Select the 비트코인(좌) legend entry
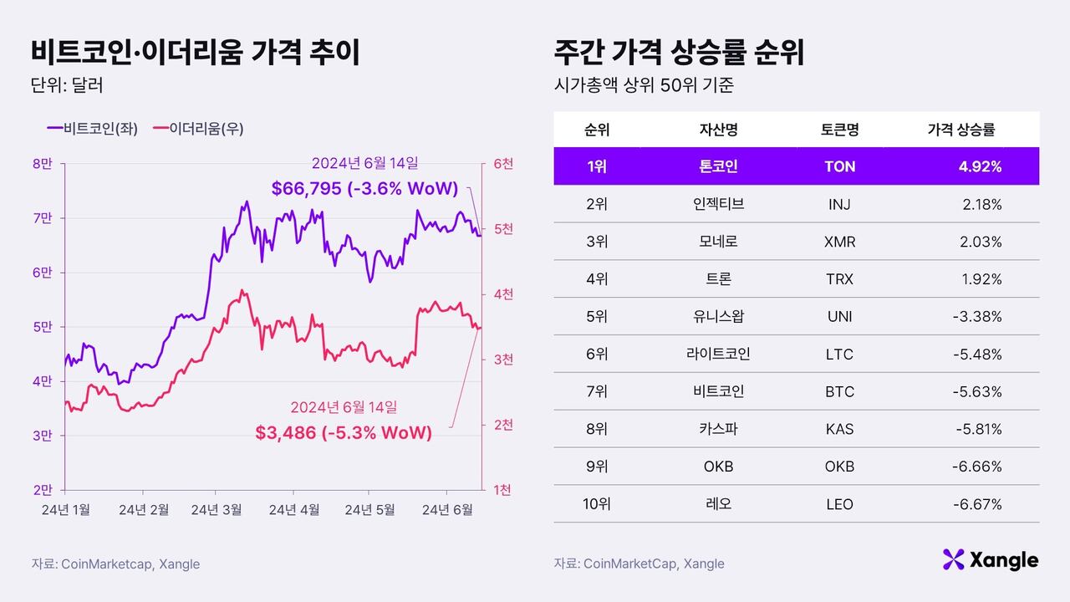click(93, 129)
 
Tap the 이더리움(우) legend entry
click(198, 129)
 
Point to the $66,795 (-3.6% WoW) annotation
click(364, 189)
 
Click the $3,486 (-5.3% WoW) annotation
click(344, 433)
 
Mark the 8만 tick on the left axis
click(42, 164)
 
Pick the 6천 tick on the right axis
click(503, 164)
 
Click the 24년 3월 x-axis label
click(216, 509)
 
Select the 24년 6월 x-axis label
click(448, 509)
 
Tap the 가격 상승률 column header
click(961, 130)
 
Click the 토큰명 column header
click(839, 130)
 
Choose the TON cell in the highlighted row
click(839, 166)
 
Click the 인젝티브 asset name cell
click(718, 204)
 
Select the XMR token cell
click(839, 242)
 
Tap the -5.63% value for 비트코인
click(977, 391)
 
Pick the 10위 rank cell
click(597, 504)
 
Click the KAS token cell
click(839, 429)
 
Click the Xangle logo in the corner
click(990, 560)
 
